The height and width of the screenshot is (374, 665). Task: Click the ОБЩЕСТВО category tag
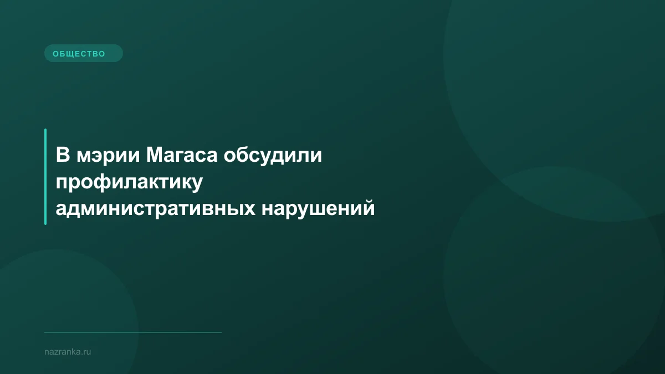[83, 54]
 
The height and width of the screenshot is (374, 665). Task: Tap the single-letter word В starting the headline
[62, 156]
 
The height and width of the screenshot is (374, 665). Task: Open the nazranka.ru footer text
[67, 352]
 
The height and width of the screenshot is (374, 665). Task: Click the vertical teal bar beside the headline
[45, 177]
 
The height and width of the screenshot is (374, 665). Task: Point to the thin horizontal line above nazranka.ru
[133, 332]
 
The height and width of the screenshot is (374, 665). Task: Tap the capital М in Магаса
[155, 156]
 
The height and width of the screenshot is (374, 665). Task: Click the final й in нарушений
[369, 209]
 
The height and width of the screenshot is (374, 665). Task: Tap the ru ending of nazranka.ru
[86, 352]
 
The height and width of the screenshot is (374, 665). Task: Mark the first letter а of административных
[62, 211]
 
